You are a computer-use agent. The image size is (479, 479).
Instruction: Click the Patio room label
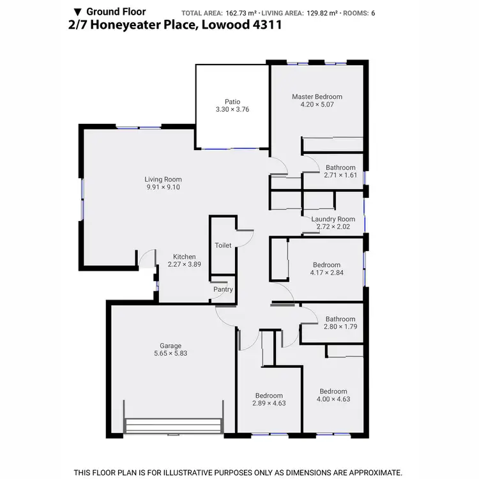click(232, 101)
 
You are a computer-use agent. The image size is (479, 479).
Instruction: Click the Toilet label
click(223, 245)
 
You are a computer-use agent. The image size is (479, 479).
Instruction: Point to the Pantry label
click(223, 289)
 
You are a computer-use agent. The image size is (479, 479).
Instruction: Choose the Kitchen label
click(185, 257)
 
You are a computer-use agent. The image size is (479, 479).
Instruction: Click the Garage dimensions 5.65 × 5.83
click(171, 353)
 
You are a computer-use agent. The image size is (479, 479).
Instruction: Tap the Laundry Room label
click(333, 219)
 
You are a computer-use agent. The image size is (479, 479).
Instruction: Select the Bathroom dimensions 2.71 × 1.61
click(340, 175)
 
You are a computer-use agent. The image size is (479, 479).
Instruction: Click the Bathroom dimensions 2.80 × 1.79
click(340, 327)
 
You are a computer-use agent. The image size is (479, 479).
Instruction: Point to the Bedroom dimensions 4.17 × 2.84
click(326, 273)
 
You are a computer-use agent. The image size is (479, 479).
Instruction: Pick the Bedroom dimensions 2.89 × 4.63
click(268, 404)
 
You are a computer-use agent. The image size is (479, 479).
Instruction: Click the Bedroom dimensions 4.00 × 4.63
click(333, 399)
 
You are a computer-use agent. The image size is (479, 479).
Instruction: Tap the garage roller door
click(174, 427)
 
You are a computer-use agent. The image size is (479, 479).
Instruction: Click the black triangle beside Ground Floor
click(78, 11)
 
